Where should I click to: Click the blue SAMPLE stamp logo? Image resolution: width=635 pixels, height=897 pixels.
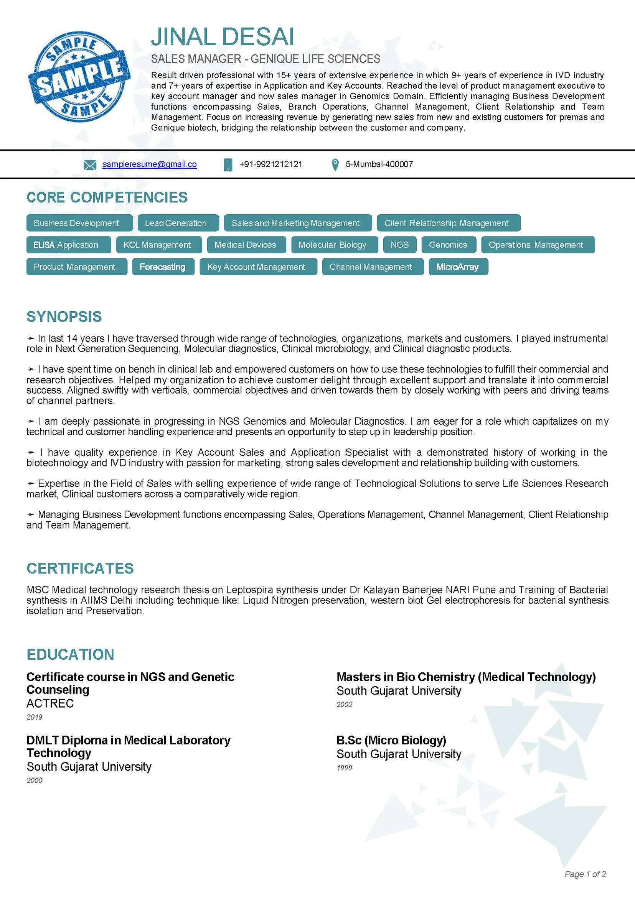(x=79, y=77)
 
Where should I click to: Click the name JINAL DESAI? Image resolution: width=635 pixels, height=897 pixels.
(x=222, y=37)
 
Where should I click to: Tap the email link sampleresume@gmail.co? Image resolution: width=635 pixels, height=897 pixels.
(x=149, y=164)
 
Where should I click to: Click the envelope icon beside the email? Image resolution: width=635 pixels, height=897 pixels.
(x=90, y=165)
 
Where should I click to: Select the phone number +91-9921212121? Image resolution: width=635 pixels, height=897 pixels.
(x=270, y=164)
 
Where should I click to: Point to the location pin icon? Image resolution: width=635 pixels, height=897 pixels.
(x=335, y=165)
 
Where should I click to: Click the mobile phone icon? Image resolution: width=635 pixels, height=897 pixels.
(x=228, y=165)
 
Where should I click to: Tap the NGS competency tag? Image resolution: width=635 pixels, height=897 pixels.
(x=400, y=245)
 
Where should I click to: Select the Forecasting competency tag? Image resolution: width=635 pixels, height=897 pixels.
(x=163, y=267)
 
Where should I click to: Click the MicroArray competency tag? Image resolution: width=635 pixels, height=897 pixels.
(x=458, y=267)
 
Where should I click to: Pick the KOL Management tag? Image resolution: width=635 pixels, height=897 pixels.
(x=157, y=245)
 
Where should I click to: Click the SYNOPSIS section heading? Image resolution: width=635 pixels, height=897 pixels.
(x=64, y=317)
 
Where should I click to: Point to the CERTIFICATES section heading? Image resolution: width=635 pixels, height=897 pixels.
(x=80, y=568)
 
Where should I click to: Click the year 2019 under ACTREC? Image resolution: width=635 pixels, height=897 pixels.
(x=35, y=717)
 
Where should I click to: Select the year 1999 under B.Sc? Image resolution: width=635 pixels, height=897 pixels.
(x=345, y=768)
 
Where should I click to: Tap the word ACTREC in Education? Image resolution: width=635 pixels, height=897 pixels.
(x=50, y=703)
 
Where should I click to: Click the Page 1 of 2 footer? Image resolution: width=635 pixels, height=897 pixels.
(x=585, y=874)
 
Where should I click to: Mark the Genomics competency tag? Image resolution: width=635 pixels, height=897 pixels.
(x=449, y=245)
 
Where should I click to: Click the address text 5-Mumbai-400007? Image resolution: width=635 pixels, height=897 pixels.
(x=379, y=164)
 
